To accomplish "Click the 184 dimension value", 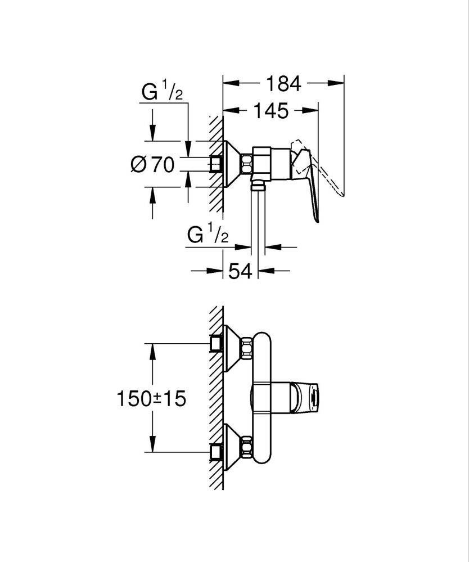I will click(x=283, y=84).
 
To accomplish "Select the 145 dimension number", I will click(x=269, y=111).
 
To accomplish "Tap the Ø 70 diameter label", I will click(x=152, y=164).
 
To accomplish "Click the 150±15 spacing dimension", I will click(x=151, y=399).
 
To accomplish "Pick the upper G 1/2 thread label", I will click(x=162, y=92).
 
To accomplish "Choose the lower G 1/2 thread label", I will click(x=208, y=236).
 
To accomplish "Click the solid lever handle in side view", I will click(x=311, y=186).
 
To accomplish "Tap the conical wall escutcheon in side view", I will click(x=232, y=164).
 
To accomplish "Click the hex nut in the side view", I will click(x=246, y=164).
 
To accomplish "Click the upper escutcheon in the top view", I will click(x=232, y=348).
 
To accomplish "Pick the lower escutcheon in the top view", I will click(x=232, y=448).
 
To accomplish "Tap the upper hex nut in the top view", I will click(x=246, y=348).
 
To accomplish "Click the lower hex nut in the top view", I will click(x=246, y=448).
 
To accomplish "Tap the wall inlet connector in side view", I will click(x=216, y=164).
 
